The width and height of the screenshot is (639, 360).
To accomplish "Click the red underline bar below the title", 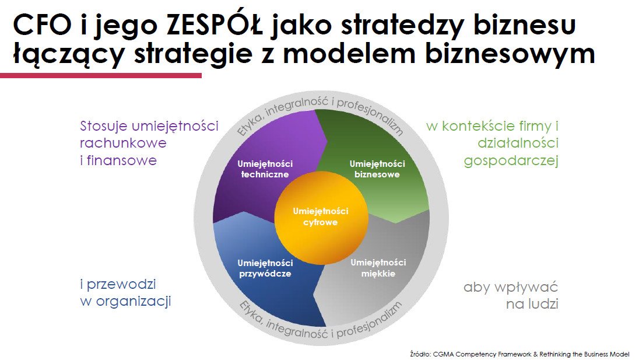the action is (101, 75).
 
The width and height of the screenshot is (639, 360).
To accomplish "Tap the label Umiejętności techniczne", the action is (265, 169).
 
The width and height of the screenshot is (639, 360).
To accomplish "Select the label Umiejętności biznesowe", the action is (377, 169).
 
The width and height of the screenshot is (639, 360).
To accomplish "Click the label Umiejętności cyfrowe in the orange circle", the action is (321, 216).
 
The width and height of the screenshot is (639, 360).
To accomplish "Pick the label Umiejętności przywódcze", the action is (265, 268).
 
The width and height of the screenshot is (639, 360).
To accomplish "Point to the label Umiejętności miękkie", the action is (378, 268).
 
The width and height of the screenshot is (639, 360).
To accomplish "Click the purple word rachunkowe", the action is (123, 143).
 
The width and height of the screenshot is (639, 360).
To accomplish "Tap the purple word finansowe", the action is (121, 160).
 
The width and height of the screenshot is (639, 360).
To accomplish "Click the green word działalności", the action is (518, 143).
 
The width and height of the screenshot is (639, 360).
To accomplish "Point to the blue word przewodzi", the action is (121, 285).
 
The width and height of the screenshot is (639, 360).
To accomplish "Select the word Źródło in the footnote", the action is (420, 354).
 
